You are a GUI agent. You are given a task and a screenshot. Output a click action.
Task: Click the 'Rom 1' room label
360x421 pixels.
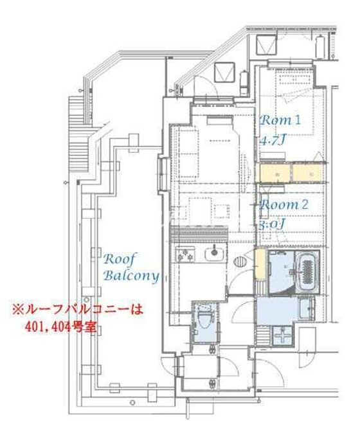(x=280, y=120)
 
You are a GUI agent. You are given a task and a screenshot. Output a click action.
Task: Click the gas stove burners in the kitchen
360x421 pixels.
(x=186, y=255)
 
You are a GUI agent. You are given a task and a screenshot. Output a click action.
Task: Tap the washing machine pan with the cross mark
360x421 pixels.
(x=282, y=336)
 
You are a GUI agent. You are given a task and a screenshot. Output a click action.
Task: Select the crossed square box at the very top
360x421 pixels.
(x=264, y=44)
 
